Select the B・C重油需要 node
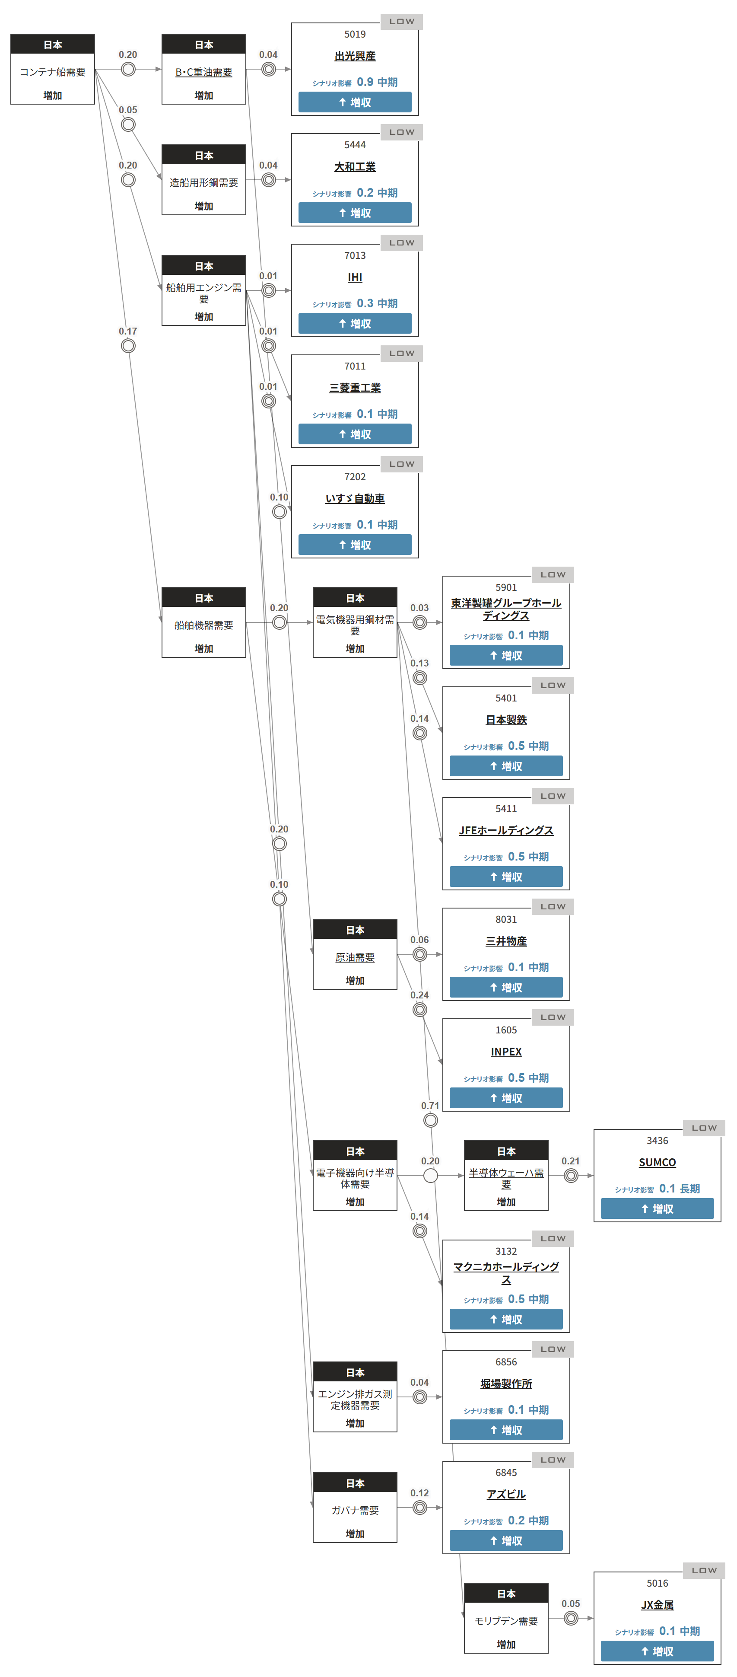(203, 72)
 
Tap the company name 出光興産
(355, 57)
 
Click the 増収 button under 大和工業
(355, 213)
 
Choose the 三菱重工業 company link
(355, 388)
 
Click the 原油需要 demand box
(355, 957)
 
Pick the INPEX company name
(505, 1052)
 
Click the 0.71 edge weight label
(430, 1106)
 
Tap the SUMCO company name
(657, 1163)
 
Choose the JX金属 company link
(657, 1605)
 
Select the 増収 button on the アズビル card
(505, 1541)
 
